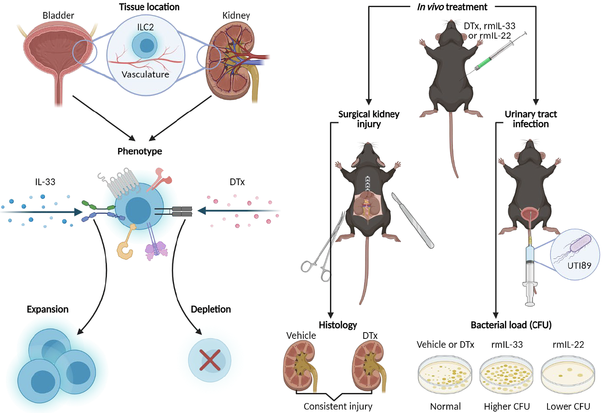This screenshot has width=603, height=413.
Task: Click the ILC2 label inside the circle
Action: tap(145, 27)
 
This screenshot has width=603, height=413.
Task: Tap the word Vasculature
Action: tap(145, 74)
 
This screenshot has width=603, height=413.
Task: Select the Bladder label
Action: tap(58, 16)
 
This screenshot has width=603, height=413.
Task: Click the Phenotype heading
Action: tap(140, 151)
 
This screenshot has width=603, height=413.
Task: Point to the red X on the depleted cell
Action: tap(210, 360)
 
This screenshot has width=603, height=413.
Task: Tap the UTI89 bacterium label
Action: tap(579, 266)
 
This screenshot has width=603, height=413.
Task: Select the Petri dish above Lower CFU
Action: tap(567, 374)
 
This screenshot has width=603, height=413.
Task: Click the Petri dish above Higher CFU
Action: tap(506, 374)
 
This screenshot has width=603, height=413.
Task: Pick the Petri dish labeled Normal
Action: tap(445, 374)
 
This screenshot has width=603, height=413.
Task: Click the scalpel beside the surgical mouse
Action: tap(413, 220)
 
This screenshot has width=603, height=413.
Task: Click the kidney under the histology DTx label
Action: tap(369, 366)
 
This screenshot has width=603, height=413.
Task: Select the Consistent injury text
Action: tap(338, 406)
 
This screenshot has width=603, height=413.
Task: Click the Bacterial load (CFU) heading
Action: tap(511, 325)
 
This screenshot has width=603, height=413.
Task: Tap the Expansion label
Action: tap(48, 310)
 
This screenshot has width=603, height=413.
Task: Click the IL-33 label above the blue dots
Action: tap(45, 182)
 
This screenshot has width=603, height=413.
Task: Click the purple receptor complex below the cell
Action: tap(155, 246)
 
